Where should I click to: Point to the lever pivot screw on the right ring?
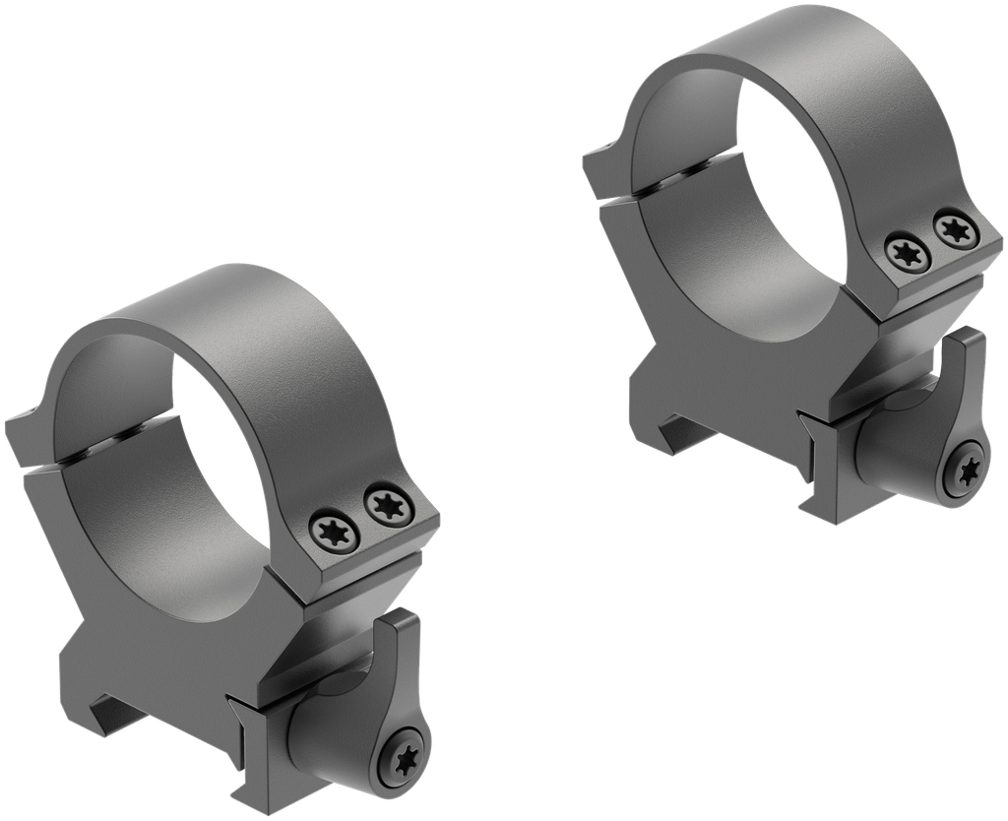(966, 474)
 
